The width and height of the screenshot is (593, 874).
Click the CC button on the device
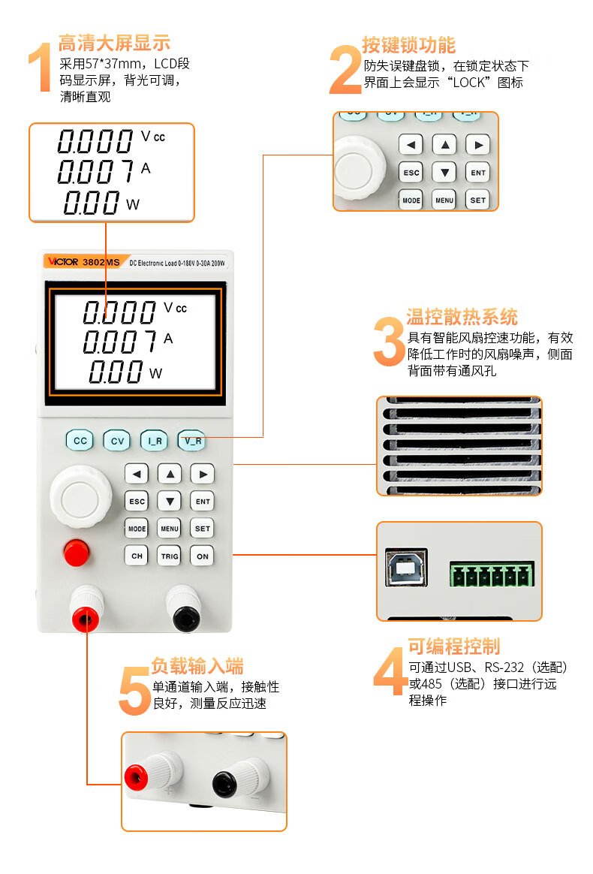click(80, 440)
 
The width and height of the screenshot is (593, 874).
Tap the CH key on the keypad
click(137, 556)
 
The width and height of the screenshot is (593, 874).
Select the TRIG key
click(170, 556)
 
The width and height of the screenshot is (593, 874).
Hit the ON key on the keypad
click(203, 556)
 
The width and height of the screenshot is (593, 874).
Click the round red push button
click(77, 553)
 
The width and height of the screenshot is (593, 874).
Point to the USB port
click(407, 568)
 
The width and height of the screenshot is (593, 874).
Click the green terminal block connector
click(492, 574)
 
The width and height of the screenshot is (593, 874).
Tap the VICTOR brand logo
click(63, 261)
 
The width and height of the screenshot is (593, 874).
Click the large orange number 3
click(389, 342)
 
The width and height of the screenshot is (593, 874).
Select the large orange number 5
click(134, 692)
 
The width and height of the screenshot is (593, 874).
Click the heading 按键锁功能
click(408, 45)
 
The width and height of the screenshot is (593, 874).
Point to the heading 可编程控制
click(454, 646)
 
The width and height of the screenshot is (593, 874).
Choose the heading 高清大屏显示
click(114, 43)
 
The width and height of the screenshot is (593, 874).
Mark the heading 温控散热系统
click(462, 317)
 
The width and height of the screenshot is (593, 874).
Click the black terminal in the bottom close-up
click(224, 784)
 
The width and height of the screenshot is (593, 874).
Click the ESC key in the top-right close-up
click(411, 172)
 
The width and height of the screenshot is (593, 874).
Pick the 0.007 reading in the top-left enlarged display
click(95, 172)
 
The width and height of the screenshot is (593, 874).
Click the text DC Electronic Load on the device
click(153, 263)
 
